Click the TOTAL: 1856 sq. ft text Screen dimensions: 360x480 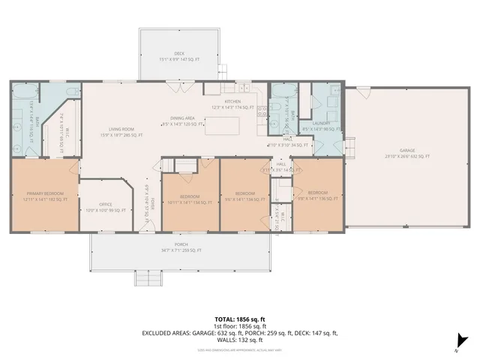click(239, 319)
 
